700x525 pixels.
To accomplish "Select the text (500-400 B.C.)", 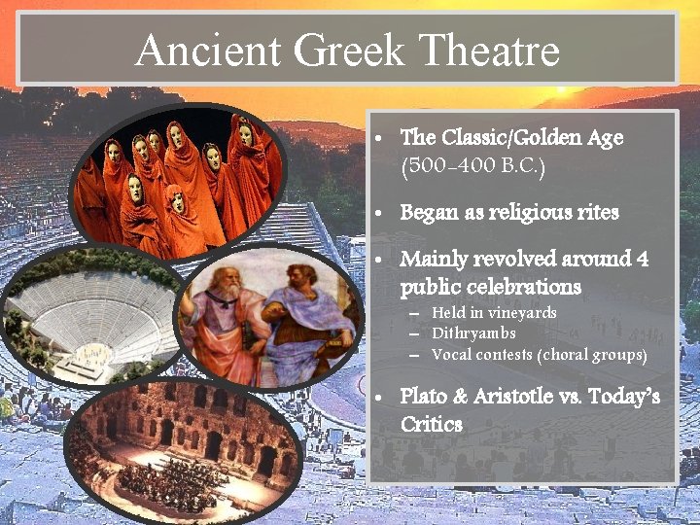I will [472, 166].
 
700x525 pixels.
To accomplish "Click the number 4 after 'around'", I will [642, 260].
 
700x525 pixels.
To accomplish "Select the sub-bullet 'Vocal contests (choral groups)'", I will [539, 355].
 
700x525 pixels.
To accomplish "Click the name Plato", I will [424, 397].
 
